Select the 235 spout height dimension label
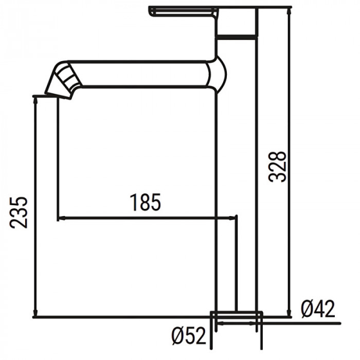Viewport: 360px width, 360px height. (x=20, y=211)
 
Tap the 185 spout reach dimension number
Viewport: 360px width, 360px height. (x=145, y=203)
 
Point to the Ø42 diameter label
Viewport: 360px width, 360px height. (x=318, y=309)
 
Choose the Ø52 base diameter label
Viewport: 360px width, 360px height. (x=188, y=337)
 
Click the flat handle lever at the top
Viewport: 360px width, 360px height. (x=183, y=11)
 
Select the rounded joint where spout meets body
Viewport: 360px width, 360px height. (x=216, y=75)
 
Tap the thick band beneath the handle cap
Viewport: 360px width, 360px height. (x=236, y=37)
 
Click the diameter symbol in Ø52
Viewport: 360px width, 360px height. (x=177, y=337)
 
